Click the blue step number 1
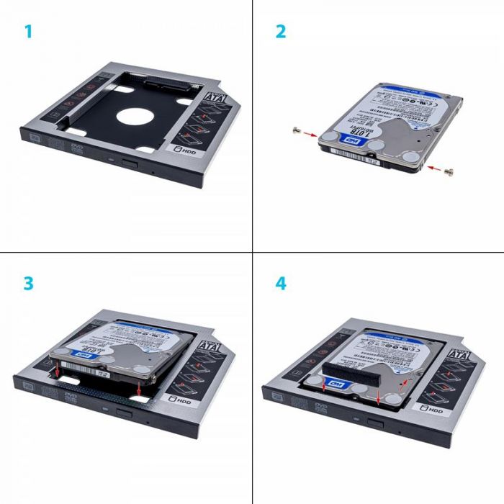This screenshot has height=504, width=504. pyautogui.click(x=29, y=32)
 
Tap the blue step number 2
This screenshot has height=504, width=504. pyautogui.click(x=281, y=32)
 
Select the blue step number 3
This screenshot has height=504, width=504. pyautogui.click(x=29, y=283)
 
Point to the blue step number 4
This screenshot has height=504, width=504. pyautogui.click(x=281, y=283)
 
